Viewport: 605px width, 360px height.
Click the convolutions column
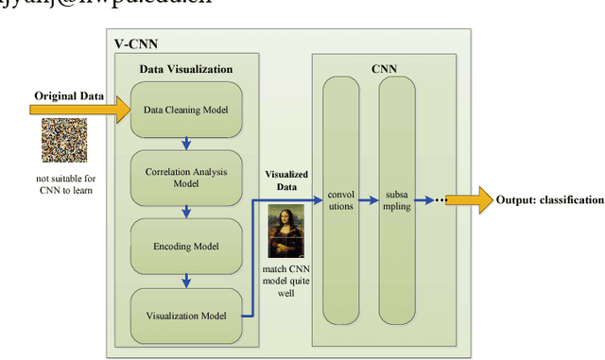pyautogui.click(x=340, y=200)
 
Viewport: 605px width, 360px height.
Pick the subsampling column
pyautogui.click(x=397, y=200)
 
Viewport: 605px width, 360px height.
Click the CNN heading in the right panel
pyautogui.click(x=384, y=68)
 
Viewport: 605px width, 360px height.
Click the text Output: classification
pyautogui.click(x=549, y=199)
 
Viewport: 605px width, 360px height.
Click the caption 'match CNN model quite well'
pyautogui.click(x=286, y=282)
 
